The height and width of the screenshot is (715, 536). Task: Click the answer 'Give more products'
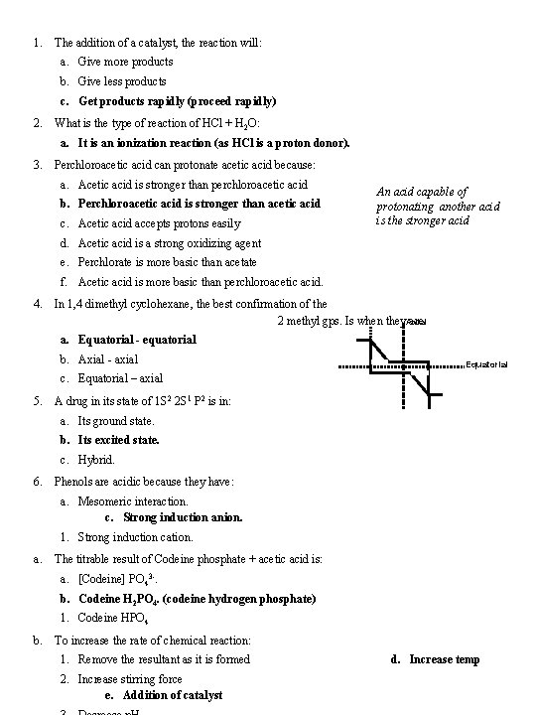tap(125, 62)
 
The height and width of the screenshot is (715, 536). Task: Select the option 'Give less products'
tap(122, 81)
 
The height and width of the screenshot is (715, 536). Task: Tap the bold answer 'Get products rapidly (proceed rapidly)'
tap(177, 101)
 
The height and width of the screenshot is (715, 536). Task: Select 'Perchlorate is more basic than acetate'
tap(167, 262)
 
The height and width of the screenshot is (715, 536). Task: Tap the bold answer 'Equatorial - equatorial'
tap(137, 340)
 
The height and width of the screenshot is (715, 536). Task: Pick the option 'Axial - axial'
tap(108, 358)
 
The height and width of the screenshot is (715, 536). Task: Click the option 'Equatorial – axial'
tap(120, 378)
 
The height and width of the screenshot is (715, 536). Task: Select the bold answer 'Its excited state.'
tap(118, 440)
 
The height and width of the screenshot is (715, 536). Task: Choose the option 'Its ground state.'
tap(116, 421)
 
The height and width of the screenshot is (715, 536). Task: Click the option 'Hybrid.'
tap(96, 460)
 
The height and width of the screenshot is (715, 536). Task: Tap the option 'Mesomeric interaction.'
tap(133, 501)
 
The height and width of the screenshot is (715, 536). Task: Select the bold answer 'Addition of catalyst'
tap(172, 695)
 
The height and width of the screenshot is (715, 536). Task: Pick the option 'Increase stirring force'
tap(130, 679)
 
